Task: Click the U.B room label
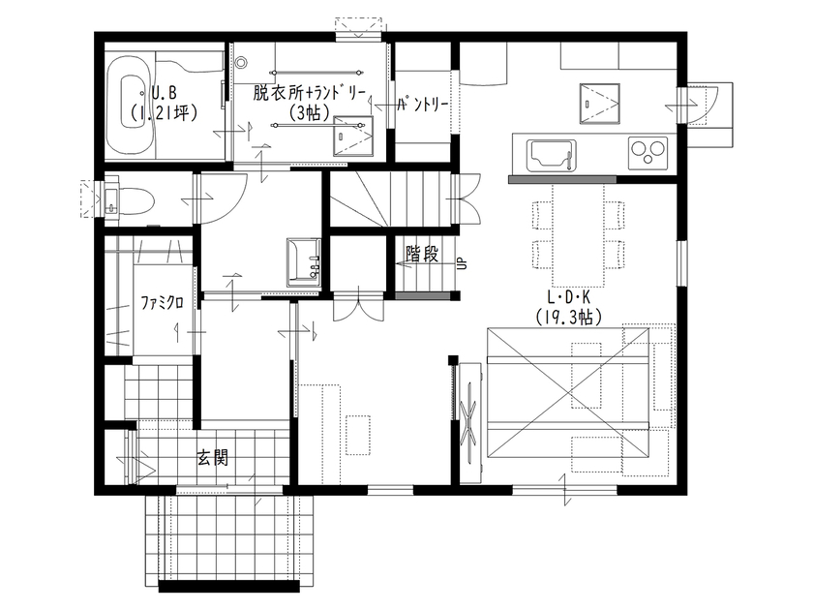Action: click(164, 92)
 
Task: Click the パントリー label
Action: click(423, 105)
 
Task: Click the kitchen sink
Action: click(551, 155)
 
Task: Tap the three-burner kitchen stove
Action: click(647, 153)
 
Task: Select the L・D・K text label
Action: click(569, 296)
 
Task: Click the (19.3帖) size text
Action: click(569, 317)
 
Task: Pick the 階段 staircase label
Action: click(422, 254)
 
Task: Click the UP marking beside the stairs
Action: click(463, 263)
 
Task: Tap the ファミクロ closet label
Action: click(162, 302)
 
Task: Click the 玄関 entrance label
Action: click(213, 457)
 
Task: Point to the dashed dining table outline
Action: click(578, 235)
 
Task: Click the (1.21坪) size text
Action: click(164, 112)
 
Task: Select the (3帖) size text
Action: click(310, 112)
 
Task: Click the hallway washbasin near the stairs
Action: click(304, 262)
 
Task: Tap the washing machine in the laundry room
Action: click(352, 136)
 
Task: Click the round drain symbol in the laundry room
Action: click(240, 63)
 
